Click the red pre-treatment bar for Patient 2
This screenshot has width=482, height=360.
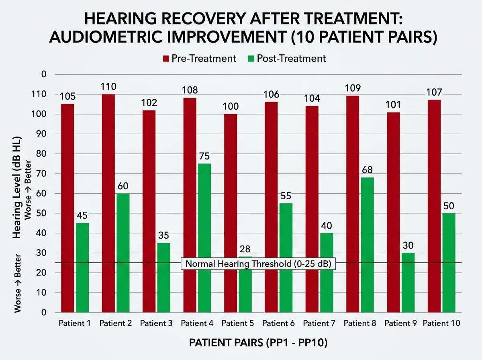(x=108, y=203)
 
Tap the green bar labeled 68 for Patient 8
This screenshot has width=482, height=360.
(x=367, y=245)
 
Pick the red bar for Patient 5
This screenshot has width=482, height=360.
(x=231, y=213)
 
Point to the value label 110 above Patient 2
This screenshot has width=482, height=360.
(x=108, y=86)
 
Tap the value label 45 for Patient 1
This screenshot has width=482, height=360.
(x=82, y=215)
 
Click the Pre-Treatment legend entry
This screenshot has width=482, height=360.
(x=199, y=58)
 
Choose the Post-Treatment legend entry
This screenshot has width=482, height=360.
(x=286, y=58)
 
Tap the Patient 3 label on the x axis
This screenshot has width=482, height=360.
(x=156, y=323)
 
